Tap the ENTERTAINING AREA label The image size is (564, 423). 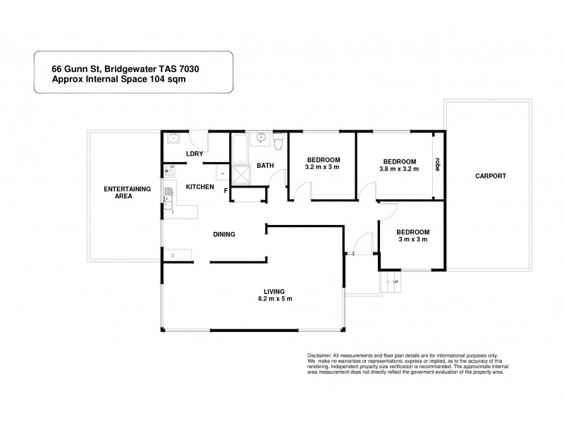pyautogui.click(x=118, y=192)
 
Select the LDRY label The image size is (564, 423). pyautogui.click(x=194, y=154)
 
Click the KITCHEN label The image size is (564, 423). pyautogui.click(x=200, y=187)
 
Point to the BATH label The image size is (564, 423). pyautogui.click(x=265, y=166)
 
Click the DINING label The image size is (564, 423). pyautogui.click(x=224, y=234)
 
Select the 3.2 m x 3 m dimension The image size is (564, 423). pyautogui.click(x=322, y=167)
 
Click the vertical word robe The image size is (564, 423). pyautogui.click(x=438, y=164)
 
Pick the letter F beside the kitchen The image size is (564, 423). pyautogui.click(x=226, y=190)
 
